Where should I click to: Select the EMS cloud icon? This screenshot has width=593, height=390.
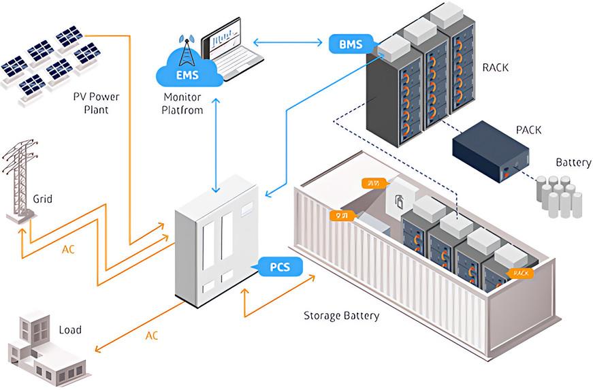coord(189,71)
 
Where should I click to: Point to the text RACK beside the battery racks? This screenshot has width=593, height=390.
coord(495,68)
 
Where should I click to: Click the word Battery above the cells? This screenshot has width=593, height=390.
coord(573,163)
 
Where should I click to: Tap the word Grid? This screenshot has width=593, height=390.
coord(42,200)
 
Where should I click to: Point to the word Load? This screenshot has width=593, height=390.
coord(70,330)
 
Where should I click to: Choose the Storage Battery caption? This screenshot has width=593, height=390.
coord(341,316)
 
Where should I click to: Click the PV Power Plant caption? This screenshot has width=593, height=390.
coord(96,103)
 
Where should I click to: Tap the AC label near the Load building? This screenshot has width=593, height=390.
coord(153,336)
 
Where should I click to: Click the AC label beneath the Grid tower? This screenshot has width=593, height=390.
coord(68,249)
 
